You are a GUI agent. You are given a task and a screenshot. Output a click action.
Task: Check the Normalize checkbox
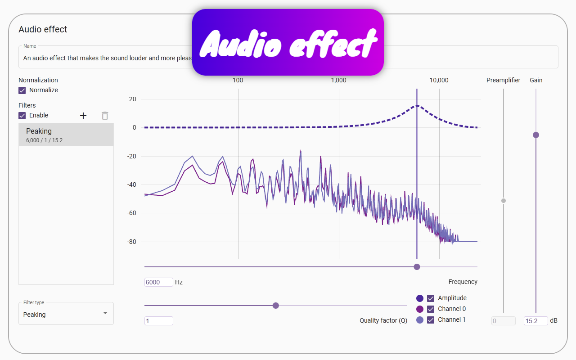coord(22,90)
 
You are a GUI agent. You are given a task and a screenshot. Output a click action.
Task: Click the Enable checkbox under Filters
coord(22,116)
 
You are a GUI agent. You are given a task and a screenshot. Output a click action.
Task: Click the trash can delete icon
coord(105,116)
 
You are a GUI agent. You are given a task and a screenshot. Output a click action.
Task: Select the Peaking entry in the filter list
coord(66,135)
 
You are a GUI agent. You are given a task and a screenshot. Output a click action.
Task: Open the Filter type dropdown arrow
coord(105,313)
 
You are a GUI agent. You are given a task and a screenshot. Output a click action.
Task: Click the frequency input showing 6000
coord(158,282)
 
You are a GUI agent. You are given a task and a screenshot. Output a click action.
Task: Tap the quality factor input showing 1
coord(158,321)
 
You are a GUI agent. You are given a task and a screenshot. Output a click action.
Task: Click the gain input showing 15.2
coord(535,321)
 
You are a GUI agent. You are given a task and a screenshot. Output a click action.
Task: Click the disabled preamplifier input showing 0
coord(503,321)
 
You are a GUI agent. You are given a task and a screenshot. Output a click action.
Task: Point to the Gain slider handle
coord(536,135)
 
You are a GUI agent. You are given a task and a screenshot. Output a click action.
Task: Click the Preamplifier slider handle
coord(504,201)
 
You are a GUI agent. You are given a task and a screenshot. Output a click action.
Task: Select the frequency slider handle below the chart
coord(417,267)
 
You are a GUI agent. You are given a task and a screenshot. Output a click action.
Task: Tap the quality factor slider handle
coord(276,306)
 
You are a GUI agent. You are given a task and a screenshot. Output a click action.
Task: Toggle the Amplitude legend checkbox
coord(431,298)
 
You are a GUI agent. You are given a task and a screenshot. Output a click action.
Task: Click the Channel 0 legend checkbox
coord(431,309)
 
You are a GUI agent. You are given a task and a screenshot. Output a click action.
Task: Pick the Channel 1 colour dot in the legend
coord(420,320)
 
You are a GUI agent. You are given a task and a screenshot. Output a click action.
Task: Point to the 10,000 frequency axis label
coord(439,81)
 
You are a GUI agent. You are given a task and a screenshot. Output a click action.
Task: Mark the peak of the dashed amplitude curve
coord(417,106)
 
